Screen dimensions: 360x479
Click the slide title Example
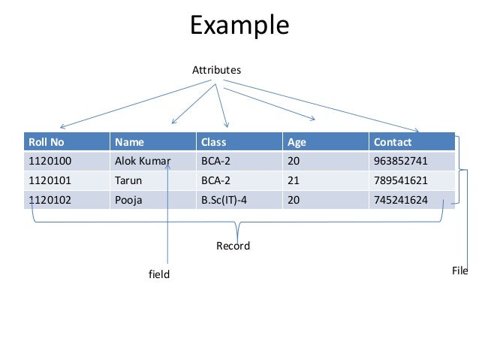(239, 25)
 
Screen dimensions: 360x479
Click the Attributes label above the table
(216, 70)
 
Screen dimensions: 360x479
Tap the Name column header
(129, 141)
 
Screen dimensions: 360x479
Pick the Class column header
(213, 141)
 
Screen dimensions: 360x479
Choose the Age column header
(296, 141)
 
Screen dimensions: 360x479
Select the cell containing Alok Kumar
(142, 161)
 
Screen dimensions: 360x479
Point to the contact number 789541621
(400, 180)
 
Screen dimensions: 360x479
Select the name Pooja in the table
(128, 200)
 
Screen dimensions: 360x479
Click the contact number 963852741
(400, 161)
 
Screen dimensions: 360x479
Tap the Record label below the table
(233, 247)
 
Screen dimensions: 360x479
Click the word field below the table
(159, 275)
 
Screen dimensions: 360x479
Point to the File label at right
(459, 271)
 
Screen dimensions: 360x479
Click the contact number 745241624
(400, 200)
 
